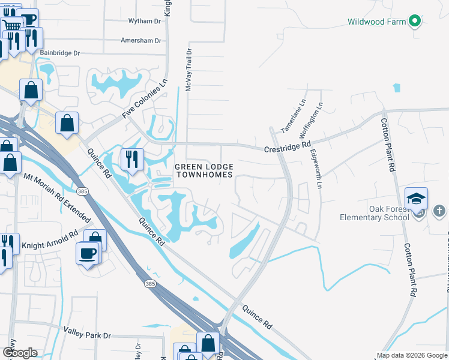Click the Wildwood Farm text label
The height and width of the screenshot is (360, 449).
point(376,22)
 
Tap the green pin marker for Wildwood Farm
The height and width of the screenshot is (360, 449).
point(414,22)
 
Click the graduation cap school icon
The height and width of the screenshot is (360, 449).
point(416,199)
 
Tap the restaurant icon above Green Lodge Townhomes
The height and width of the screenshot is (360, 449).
point(132,159)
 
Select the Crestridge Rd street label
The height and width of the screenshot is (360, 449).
point(288,145)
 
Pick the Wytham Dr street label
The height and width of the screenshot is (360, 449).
point(145,21)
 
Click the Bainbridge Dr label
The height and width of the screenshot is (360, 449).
point(60,53)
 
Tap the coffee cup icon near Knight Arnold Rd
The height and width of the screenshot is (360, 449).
point(88,252)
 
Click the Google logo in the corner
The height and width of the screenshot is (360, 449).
point(20,353)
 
